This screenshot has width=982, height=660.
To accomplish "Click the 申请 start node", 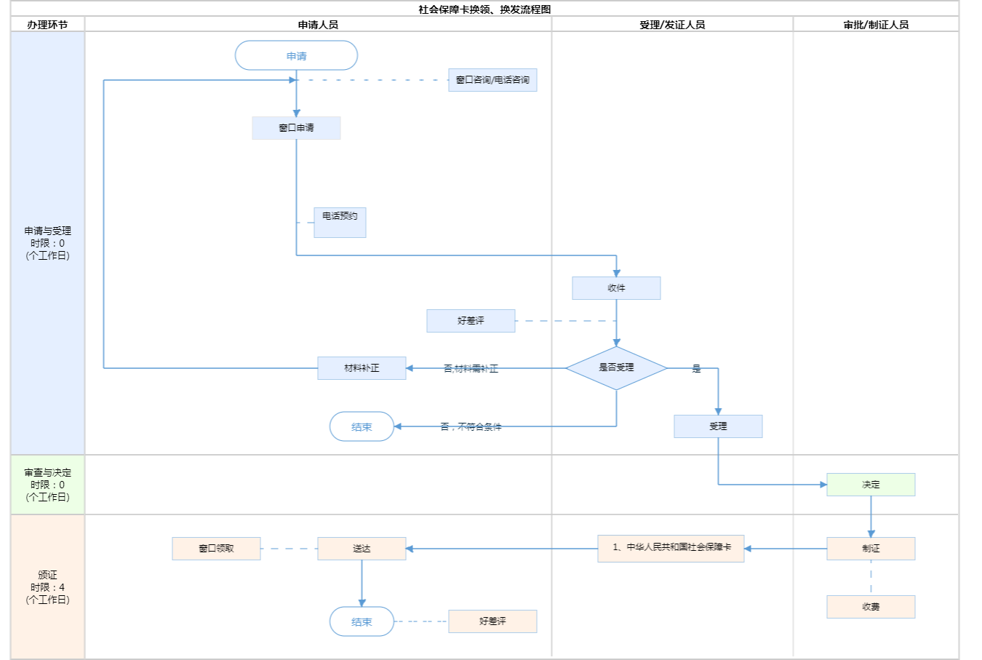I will (296, 56).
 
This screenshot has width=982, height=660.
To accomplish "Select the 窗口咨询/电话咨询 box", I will (492, 80).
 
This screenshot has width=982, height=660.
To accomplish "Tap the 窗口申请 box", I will (296, 128).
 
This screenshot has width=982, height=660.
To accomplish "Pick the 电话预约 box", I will (340, 222).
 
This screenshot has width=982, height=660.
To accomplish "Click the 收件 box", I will (616, 288).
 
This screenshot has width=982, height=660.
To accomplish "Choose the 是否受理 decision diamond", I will (616, 367).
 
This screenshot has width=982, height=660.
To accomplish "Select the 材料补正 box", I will (362, 368).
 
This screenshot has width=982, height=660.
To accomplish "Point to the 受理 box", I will (718, 426).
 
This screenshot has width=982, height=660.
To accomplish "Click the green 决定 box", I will (871, 485).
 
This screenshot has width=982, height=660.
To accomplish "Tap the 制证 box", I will (871, 549).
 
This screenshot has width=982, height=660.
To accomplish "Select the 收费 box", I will (871, 607).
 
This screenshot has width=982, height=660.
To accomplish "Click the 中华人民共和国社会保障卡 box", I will (671, 548).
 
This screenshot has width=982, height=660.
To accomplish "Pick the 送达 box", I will (362, 549).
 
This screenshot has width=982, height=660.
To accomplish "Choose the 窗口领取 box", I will (216, 549).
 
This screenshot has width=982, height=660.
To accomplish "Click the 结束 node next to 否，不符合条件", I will (362, 427).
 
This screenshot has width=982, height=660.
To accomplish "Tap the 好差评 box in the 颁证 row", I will (492, 621).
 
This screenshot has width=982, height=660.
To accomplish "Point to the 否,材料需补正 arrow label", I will (471, 369).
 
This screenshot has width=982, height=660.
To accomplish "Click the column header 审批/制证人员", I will (876, 25).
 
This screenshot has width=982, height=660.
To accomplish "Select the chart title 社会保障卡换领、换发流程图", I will (484, 9).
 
